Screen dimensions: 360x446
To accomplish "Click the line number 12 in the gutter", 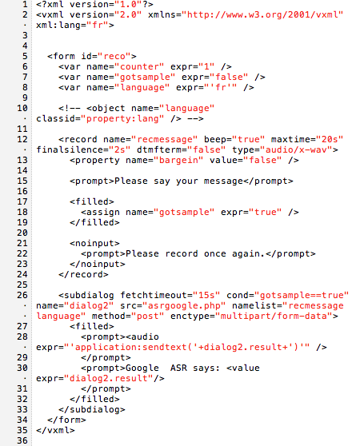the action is tap(22, 139).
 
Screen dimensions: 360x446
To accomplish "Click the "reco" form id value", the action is tap(114, 56).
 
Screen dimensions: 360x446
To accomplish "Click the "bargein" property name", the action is tap(178, 160).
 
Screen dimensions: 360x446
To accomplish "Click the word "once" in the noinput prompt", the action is tap(215, 253).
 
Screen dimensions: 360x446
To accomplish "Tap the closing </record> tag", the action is tap(83, 274).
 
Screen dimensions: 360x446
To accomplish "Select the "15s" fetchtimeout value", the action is tap(206, 295).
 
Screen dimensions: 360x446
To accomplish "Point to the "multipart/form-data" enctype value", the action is tap(274, 316).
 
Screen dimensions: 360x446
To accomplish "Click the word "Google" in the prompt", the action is tap(142, 368).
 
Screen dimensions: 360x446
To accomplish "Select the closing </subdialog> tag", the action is tap(92, 409).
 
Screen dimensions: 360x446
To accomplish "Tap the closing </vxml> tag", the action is tap(55, 430).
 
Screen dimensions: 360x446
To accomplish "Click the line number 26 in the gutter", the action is tap(22, 295).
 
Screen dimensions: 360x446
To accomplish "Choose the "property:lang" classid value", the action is tap(122, 118).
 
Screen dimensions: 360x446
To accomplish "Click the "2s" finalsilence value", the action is tap(120, 149).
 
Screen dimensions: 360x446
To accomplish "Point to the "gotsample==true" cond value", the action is tap(302, 295).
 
